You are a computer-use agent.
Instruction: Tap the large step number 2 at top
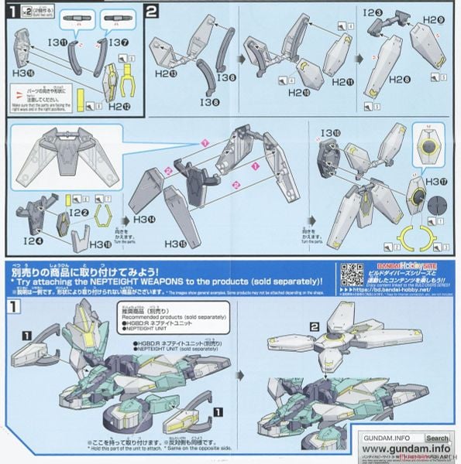point(152,12)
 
